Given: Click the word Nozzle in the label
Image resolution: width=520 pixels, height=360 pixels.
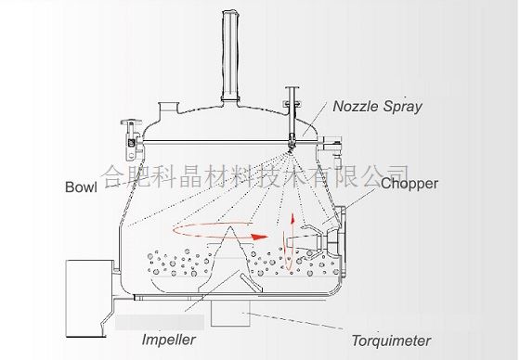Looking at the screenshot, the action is pos(356,106).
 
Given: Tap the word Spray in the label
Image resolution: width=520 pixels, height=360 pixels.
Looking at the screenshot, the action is pos(403,108).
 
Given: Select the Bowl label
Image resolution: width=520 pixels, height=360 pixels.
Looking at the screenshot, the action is pos(82,187).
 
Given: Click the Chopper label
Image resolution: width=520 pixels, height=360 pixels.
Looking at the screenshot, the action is pos(409,184).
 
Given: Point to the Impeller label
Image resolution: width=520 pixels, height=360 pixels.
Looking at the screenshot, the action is pos(168,340).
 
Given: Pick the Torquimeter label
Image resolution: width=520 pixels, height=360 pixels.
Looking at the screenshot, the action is pos(391,341).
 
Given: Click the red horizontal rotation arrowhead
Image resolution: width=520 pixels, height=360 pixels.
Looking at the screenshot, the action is pos(259,237).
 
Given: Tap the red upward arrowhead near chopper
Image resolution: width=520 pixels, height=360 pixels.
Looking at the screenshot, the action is pos(292,219).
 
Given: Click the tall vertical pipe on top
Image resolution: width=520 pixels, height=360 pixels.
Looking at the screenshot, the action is pos(231,56).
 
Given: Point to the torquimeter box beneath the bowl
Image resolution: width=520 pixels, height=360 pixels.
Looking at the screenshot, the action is pos(230,313).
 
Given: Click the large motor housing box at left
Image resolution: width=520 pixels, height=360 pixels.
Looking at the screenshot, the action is pos(89,299).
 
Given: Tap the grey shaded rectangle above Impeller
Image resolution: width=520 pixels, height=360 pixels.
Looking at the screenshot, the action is pos(160,322).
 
